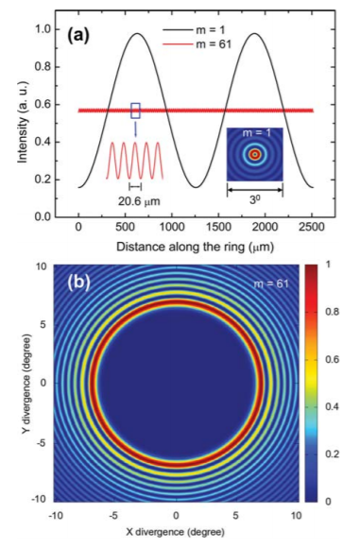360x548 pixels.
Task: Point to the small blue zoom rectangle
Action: pos(135,111)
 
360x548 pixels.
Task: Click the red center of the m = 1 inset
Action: pos(253,154)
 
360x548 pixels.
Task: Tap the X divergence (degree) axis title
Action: pos(176,534)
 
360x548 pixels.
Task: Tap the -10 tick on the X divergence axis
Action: pos(57,517)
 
